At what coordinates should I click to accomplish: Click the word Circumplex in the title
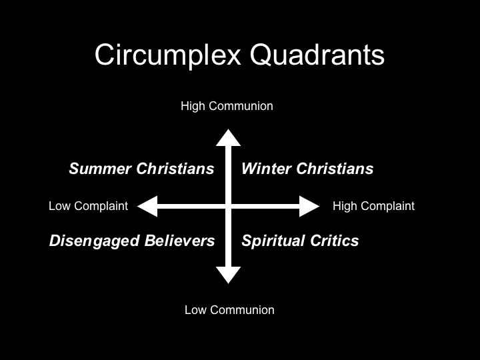point(168,55)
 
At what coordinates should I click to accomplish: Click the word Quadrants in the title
point(317,55)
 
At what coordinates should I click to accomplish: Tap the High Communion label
point(227,106)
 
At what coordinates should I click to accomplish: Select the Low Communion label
point(229,310)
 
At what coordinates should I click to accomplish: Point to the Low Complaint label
point(88,206)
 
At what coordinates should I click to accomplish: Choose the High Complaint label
point(373,206)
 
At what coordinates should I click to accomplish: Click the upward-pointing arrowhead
point(228,138)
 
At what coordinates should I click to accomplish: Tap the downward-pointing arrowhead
point(228,275)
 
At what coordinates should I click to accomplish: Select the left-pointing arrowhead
point(147,206)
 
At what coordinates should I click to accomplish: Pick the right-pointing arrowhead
point(309,206)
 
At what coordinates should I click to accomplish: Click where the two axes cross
point(228,206)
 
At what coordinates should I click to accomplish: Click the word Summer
point(101,169)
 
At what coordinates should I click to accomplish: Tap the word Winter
point(266,169)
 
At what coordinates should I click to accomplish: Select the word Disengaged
point(95,241)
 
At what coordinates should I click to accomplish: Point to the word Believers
point(180,241)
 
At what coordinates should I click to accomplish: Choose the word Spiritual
point(273,241)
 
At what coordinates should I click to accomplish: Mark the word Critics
point(334,241)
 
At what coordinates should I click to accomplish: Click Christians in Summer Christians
point(175,169)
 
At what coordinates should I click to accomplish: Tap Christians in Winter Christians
point(335,169)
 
